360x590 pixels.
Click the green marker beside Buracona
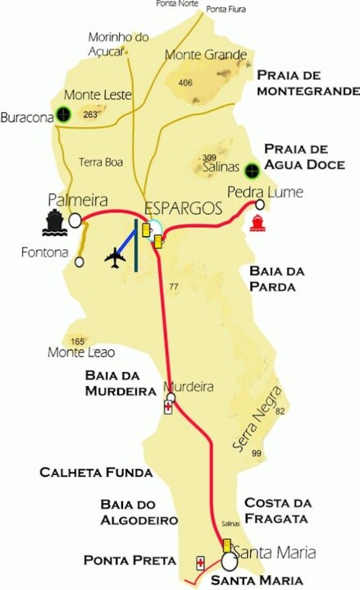coord(62,116)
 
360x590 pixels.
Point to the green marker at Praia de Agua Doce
coord(253,171)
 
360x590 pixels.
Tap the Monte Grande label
coord(206,55)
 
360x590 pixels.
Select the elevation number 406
coord(185,82)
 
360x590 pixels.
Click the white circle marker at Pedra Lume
coord(260,205)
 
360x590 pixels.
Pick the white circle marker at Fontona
coord(80,262)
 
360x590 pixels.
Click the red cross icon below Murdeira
coord(169,406)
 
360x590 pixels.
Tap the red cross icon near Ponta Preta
coord(200,563)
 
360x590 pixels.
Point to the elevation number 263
coord(90,115)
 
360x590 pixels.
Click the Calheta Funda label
coord(97,473)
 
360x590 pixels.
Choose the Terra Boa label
coord(102,162)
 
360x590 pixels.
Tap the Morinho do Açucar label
coord(119,43)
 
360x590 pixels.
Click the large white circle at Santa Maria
coord(229,562)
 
